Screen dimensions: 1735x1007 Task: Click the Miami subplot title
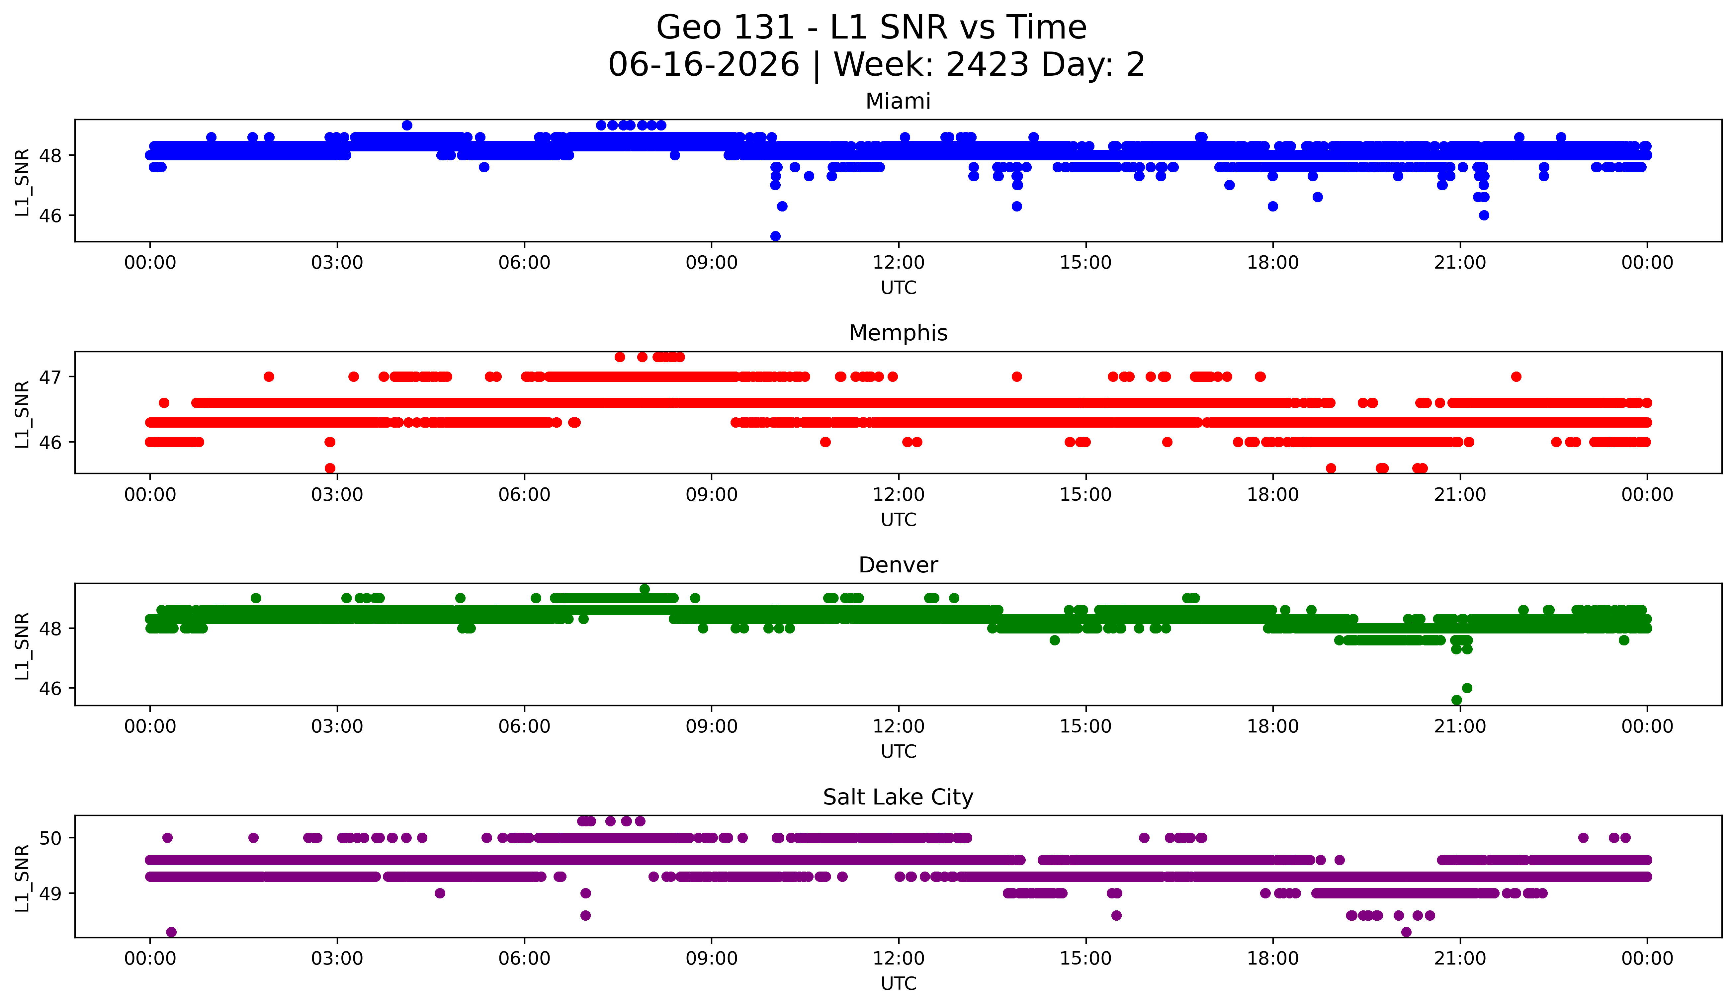click(x=898, y=101)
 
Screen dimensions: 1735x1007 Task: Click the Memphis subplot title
click(x=898, y=333)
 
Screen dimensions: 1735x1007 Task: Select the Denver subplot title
click(x=898, y=565)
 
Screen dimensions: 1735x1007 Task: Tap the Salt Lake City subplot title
click(x=898, y=797)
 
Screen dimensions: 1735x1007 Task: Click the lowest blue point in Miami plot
click(x=775, y=236)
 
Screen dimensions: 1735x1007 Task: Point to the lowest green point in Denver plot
click(x=1456, y=700)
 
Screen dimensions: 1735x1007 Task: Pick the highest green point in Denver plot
click(x=645, y=589)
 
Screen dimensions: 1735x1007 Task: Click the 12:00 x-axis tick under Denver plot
click(x=899, y=726)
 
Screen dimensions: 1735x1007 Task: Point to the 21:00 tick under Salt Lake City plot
click(x=1460, y=958)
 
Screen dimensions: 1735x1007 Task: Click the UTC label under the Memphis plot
click(x=899, y=520)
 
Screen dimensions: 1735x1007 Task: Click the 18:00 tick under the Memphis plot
click(x=1272, y=494)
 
